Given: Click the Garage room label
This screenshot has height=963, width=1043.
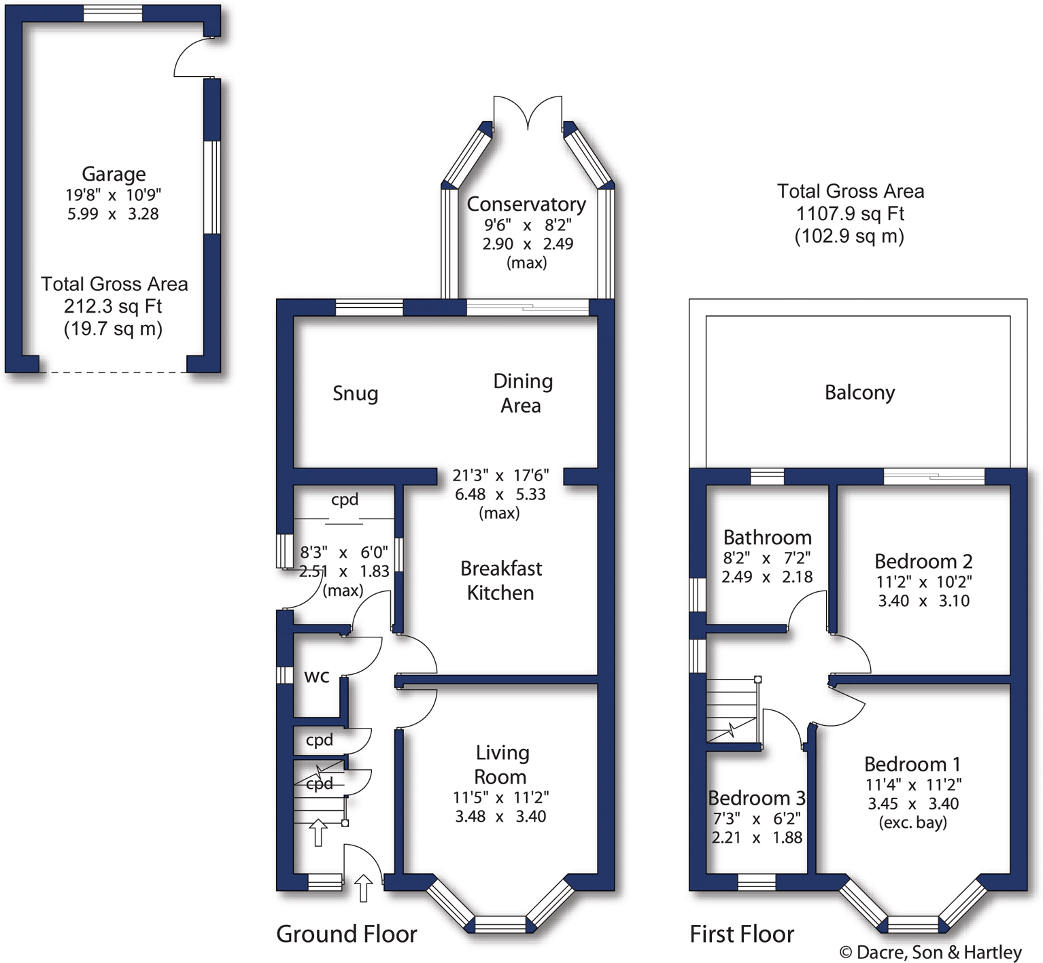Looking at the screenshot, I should click(114, 175).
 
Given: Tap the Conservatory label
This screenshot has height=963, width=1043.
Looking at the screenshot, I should click(526, 204).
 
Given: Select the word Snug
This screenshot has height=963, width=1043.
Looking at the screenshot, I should click(355, 393).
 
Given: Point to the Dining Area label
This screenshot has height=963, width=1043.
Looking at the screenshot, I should click(522, 393).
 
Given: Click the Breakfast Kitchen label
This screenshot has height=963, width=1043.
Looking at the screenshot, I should click(500, 580).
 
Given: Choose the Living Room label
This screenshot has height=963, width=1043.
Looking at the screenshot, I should click(501, 765).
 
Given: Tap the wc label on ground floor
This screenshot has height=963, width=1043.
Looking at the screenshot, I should click(317, 676).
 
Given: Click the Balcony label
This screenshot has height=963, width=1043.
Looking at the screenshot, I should click(859, 393).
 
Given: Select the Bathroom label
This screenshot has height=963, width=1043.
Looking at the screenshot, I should click(767, 538).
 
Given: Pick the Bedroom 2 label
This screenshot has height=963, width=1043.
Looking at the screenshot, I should click(923, 561).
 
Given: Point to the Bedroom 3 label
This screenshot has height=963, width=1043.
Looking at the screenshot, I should click(757, 798).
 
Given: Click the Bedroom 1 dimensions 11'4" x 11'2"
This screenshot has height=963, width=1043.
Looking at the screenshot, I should click(913, 785).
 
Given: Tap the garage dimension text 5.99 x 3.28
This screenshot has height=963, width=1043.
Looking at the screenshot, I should click(113, 214).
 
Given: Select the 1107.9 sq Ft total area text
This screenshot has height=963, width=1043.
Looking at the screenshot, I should click(850, 214).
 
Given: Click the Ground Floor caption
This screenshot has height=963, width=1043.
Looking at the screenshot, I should click(346, 934).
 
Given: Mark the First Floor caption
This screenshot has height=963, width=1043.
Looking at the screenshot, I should click(742, 934).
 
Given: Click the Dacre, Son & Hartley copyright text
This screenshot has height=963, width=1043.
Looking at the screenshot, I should click(931, 953).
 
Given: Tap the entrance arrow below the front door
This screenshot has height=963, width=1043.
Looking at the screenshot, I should click(364, 888).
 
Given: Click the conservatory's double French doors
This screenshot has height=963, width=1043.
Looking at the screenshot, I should click(528, 112).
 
